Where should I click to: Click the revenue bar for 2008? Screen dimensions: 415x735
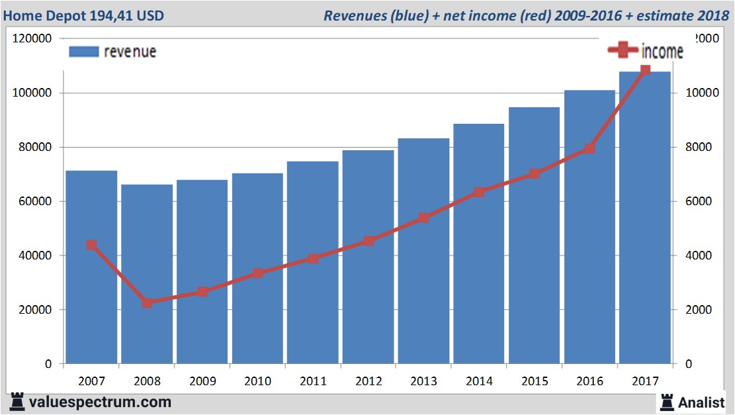pos(147,274)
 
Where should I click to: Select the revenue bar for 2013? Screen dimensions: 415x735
pos(424,251)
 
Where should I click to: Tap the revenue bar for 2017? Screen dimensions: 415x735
pos(645,218)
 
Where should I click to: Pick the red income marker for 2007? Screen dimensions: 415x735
pos(91,245)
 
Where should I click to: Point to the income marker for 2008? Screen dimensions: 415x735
pos(147,303)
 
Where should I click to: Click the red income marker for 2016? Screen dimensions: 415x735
pos(590,148)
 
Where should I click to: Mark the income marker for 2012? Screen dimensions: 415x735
pos(368,241)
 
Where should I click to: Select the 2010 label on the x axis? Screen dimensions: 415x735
pos(257,381)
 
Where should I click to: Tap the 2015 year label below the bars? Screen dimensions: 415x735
pos(535,381)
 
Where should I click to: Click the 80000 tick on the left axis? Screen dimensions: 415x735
pos(32,148)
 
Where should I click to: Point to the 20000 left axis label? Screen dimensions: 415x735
pos(32,310)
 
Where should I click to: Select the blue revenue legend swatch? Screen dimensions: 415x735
pos(84,52)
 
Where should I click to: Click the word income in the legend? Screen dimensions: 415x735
pos(662,52)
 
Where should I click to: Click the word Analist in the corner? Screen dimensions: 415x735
pos(701,402)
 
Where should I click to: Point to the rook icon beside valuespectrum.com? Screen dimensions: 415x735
pos(17,401)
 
